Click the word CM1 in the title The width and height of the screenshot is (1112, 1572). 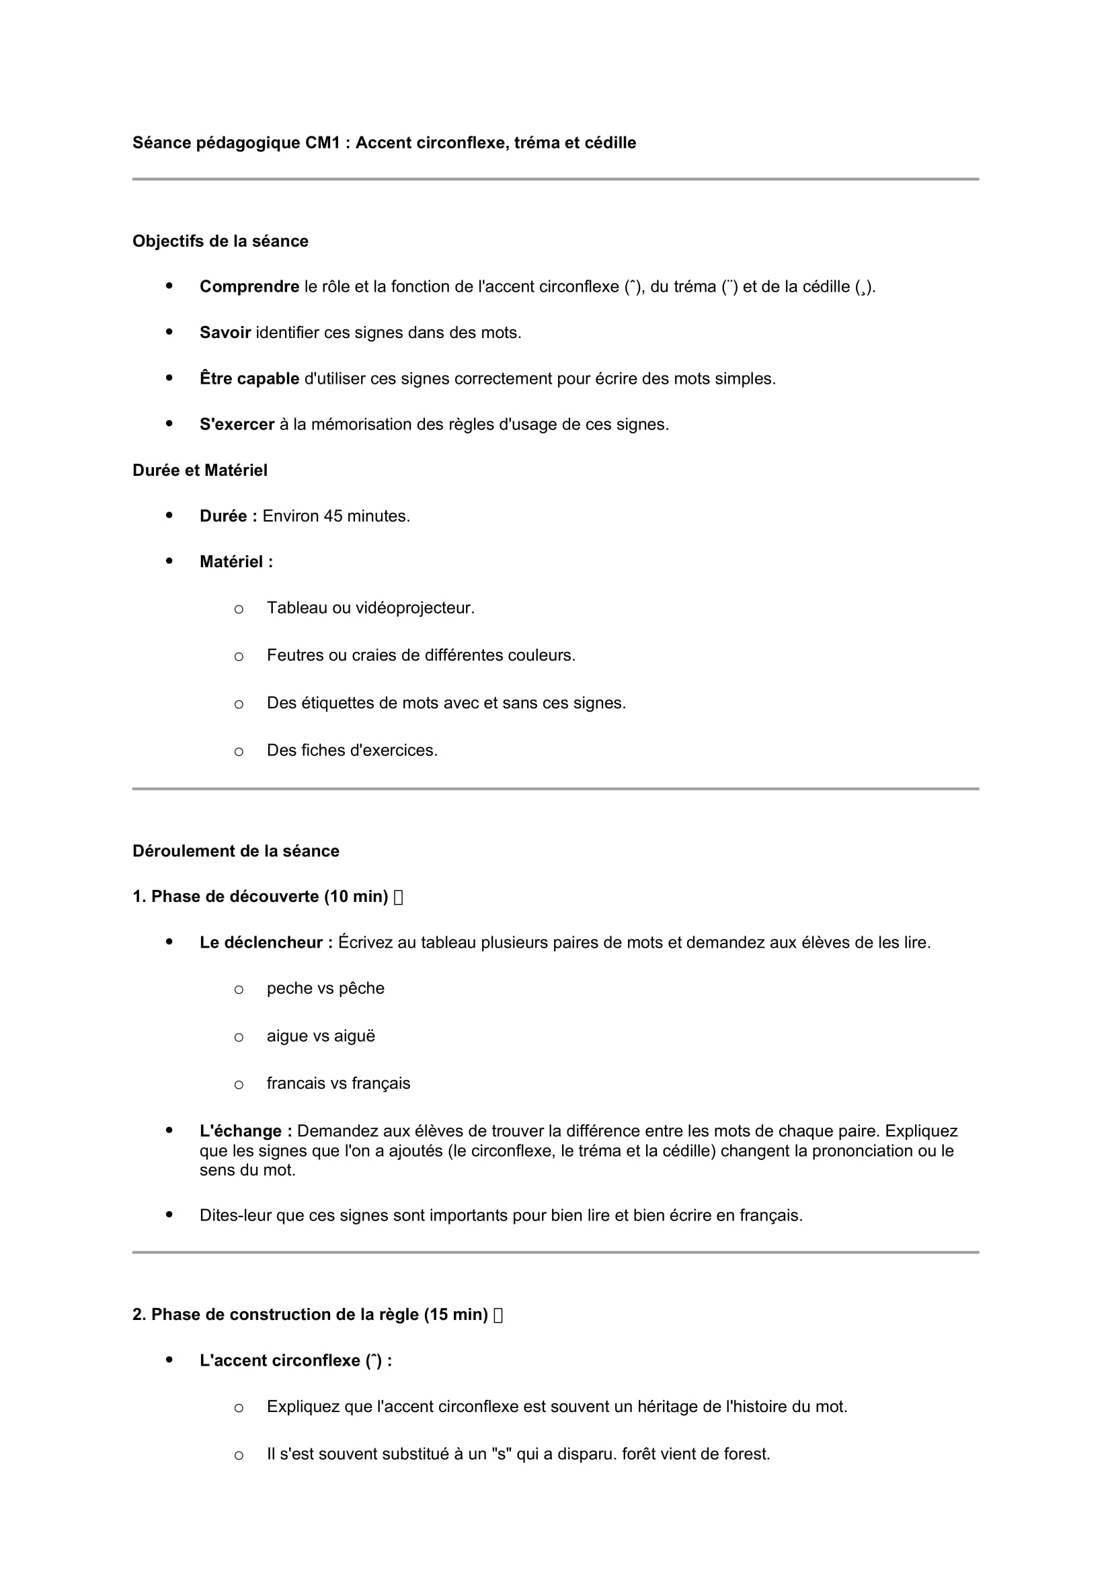click(323, 142)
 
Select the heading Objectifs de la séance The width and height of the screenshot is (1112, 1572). click(220, 241)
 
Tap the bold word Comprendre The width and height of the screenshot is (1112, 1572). click(249, 287)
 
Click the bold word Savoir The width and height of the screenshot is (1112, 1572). click(225, 333)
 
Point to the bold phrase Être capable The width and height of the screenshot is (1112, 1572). click(249, 378)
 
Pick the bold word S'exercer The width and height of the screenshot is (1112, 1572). click(237, 425)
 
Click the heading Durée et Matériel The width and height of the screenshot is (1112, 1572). click(199, 470)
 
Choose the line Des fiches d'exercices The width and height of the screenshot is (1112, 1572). click(352, 751)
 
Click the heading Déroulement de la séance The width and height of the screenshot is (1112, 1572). click(235, 851)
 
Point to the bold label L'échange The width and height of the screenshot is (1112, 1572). click(246, 1131)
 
